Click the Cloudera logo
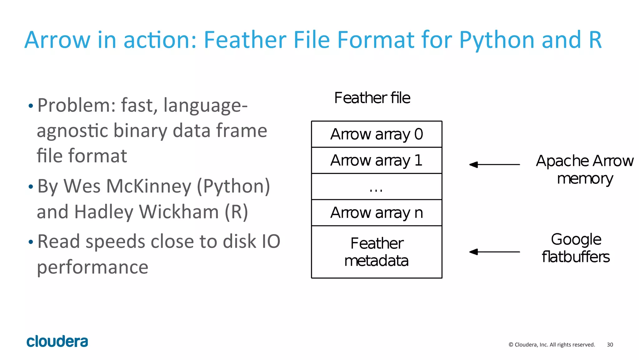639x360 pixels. (57, 341)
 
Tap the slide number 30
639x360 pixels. (610, 345)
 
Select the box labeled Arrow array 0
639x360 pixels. (377, 134)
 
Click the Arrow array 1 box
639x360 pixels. (377, 160)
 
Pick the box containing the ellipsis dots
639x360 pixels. (377, 187)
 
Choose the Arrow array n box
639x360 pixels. (377, 213)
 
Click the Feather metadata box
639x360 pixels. (377, 252)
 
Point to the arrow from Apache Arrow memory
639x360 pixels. (495, 165)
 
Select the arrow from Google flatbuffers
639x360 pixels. (495, 252)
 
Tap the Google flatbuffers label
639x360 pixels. (576, 248)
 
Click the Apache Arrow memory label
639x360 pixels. (585, 170)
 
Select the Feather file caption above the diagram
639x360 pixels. (372, 98)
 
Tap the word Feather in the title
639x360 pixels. (245, 40)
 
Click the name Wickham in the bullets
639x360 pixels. (179, 212)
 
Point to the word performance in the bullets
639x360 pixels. (93, 267)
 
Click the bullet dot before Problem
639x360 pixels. (31, 106)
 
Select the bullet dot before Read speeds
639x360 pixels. (31, 242)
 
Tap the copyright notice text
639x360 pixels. (552, 345)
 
